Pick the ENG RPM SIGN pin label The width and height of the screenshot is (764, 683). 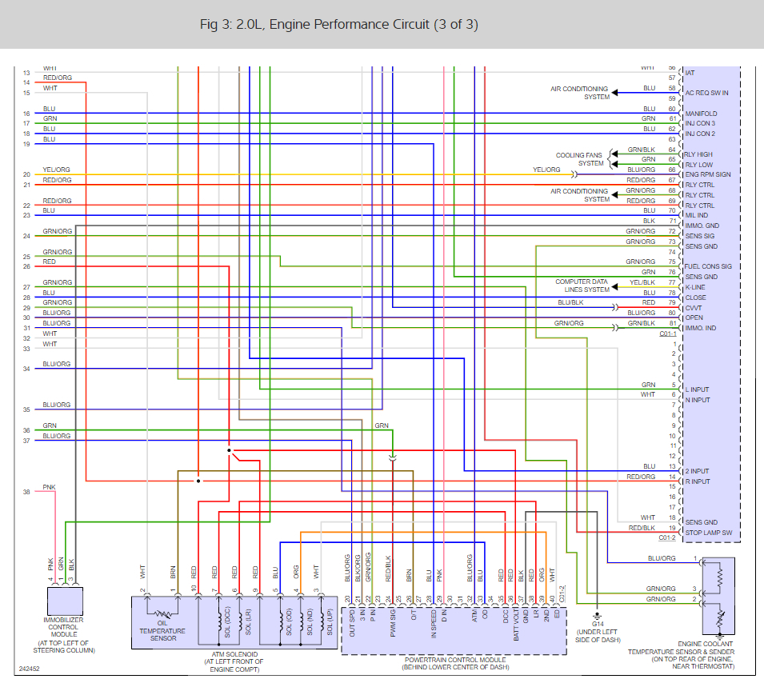pos(708,174)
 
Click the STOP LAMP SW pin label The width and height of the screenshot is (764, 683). pos(708,533)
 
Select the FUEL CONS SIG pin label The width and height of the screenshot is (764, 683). pos(708,266)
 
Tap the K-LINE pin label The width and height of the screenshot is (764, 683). pos(695,287)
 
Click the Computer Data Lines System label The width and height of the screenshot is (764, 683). pos(582,286)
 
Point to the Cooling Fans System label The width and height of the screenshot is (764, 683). pos(579,159)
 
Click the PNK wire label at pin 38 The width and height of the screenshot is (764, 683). pos(49,486)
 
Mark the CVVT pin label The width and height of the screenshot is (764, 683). pos(694,307)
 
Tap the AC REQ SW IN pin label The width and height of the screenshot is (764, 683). pos(706,93)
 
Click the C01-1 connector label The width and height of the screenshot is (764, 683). pos(668,334)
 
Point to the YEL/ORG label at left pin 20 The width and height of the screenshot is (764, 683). pos(57,170)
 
